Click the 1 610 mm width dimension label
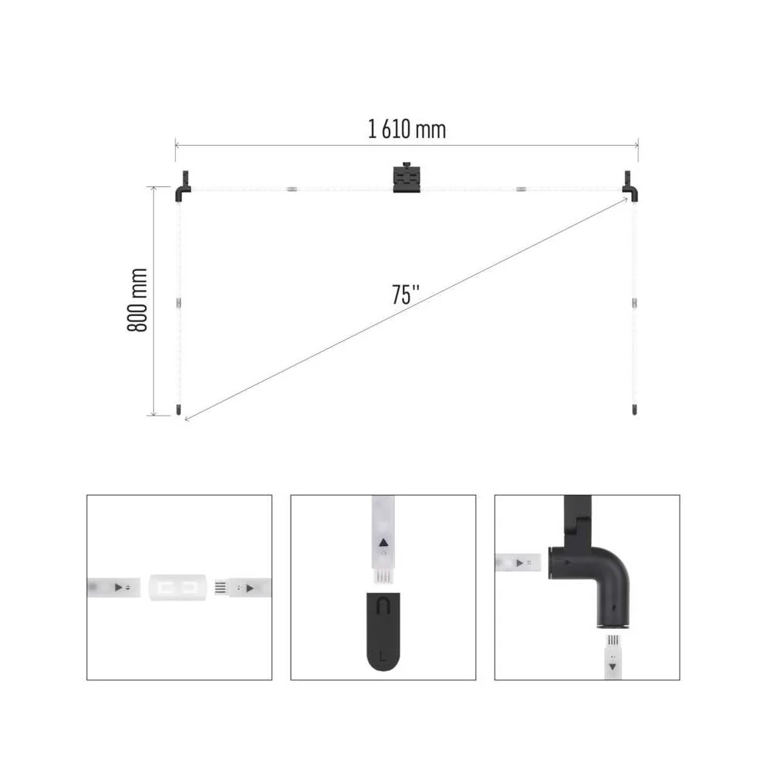[407, 130]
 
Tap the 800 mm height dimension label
[137, 300]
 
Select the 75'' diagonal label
[406, 295]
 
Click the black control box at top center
[407, 178]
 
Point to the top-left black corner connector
[183, 186]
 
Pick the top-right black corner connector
[630, 186]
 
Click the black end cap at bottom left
[179, 410]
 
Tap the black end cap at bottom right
[634, 410]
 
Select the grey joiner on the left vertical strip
[179, 303]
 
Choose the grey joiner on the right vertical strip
[634, 303]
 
